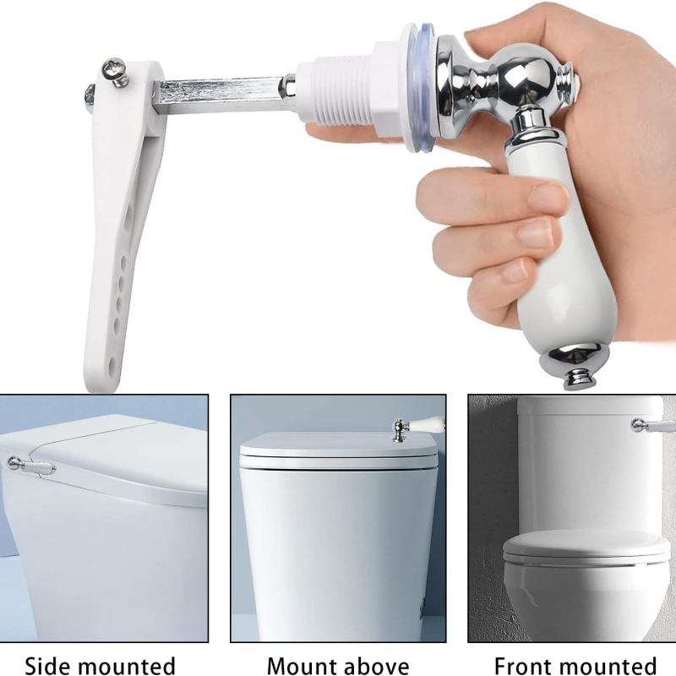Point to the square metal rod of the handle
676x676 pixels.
tap(219, 95)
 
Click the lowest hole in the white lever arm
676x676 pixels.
tap(114, 364)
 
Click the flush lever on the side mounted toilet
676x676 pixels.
tap(31, 465)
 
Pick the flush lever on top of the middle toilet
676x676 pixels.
tap(417, 426)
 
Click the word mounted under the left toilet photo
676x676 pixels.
tap(128, 666)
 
